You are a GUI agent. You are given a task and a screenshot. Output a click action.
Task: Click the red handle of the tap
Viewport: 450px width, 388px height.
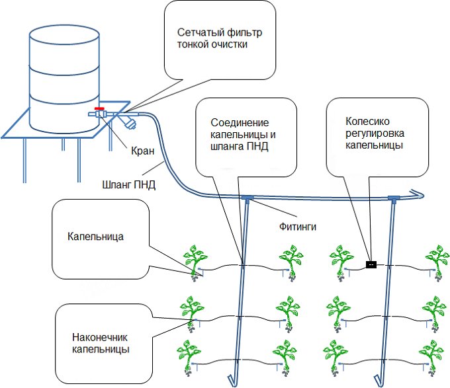[x=99, y=108]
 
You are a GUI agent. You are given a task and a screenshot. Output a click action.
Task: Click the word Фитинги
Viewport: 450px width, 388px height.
[x=295, y=226]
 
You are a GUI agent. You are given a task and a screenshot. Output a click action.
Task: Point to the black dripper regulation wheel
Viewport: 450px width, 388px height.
[x=371, y=265]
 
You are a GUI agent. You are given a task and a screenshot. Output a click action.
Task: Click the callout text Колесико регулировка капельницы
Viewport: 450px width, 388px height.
[x=375, y=134]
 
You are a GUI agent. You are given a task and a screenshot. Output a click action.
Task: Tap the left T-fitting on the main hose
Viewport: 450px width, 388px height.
[x=247, y=197]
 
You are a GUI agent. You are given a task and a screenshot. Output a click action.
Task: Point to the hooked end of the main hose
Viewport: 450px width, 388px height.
[x=417, y=193]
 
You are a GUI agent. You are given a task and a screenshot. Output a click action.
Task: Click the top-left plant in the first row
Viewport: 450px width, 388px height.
[x=195, y=260]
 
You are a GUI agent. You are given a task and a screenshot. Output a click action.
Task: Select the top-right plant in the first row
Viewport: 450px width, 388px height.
[x=436, y=260]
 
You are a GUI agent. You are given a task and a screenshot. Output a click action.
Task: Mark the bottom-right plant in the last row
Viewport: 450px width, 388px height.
[x=436, y=357]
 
